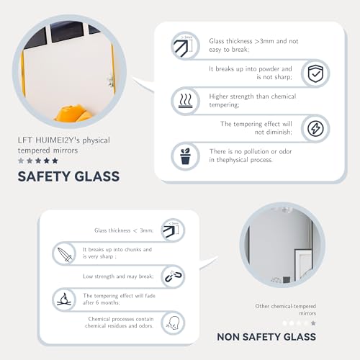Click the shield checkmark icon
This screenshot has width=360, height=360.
point(315,73)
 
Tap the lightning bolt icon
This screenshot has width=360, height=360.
point(315,128)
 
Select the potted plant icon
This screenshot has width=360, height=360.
point(185,156)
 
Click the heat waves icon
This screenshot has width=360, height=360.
point(185,101)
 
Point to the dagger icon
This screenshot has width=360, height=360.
point(65,254)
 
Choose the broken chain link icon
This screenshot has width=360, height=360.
point(174,276)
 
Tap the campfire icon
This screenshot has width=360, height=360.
point(64,300)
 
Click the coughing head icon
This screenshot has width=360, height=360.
point(174,323)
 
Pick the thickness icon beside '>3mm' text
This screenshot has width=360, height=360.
point(184,46)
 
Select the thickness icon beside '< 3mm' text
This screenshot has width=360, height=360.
point(171,230)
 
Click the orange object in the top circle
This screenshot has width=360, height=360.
point(73,113)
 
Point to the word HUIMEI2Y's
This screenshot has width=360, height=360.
point(58,140)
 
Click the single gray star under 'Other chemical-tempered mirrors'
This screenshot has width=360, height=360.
point(313,323)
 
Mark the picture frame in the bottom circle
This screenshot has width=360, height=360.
point(303,264)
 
